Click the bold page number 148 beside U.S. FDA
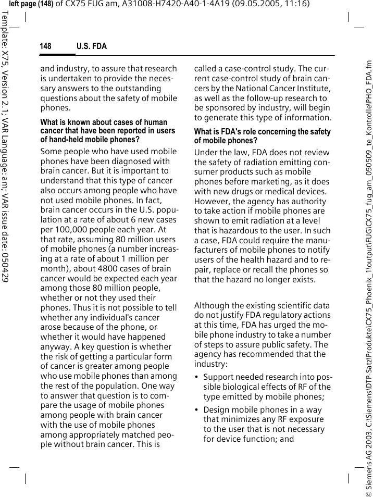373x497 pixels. [x=46, y=46]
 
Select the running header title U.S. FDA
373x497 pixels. [x=92, y=46]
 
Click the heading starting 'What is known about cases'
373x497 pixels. [x=104, y=122]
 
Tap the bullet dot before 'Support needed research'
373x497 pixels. [x=196, y=377]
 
